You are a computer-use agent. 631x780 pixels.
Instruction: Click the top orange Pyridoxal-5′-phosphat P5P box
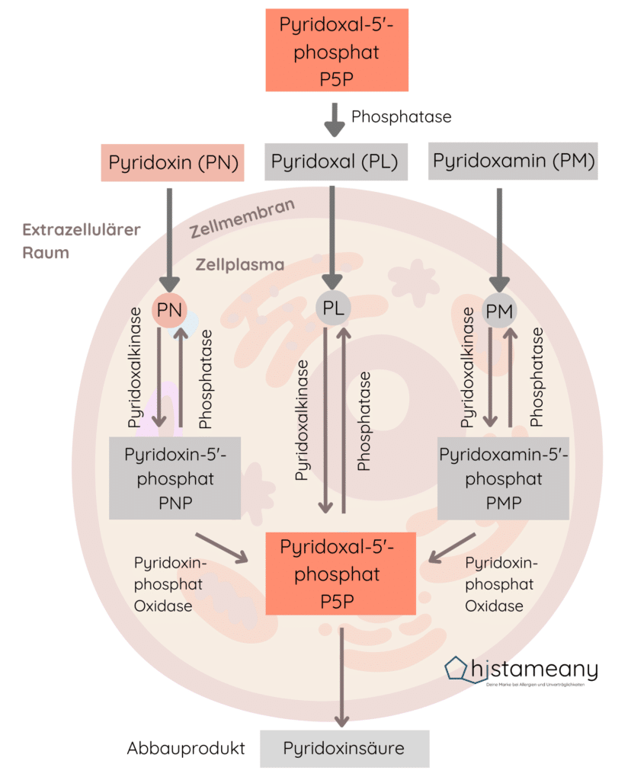336,50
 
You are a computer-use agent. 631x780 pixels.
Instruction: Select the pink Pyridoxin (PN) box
173,162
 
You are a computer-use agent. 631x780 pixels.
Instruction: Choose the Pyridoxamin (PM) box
513,161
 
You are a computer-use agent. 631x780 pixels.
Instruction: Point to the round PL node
334,309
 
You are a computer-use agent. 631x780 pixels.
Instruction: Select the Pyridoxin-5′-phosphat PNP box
175,478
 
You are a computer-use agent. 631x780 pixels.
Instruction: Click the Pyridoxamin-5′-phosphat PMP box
503,478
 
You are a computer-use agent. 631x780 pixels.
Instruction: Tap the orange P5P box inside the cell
341,574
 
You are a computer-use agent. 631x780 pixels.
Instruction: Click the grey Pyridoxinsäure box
344,748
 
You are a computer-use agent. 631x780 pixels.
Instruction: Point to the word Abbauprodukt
186,748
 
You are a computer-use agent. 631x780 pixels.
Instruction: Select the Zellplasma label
239,265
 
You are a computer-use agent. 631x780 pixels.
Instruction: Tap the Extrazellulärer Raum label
81,241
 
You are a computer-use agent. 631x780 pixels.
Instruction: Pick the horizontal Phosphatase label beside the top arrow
401,117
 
